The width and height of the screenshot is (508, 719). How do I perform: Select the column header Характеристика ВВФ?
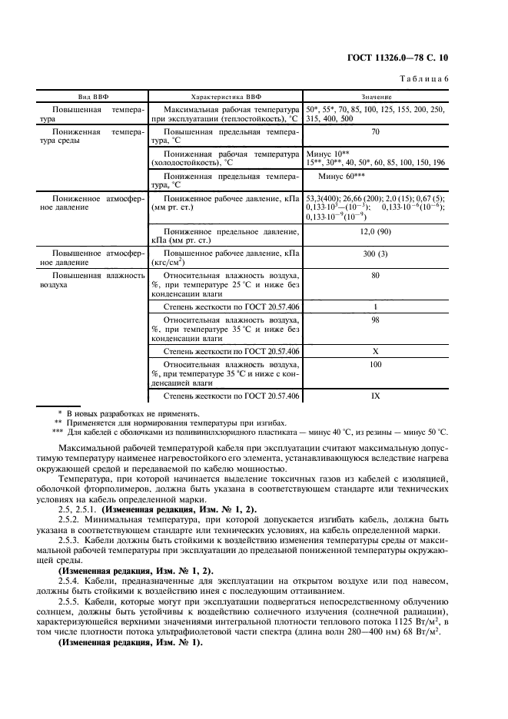pos(225,98)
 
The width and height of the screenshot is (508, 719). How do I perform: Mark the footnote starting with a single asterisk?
pos(123,414)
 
